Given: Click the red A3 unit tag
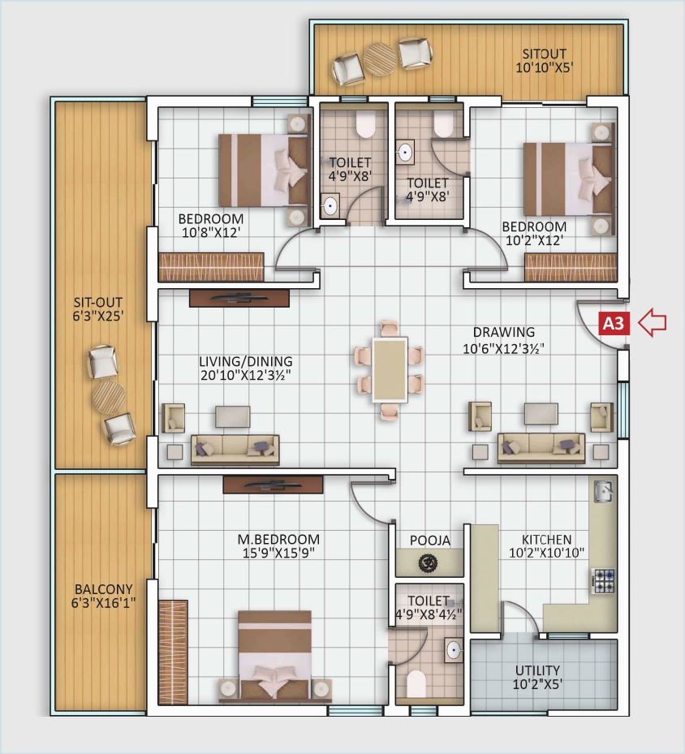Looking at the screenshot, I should click(x=615, y=323).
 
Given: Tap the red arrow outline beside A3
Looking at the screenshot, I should click(x=652, y=323).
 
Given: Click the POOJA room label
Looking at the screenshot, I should click(x=429, y=540).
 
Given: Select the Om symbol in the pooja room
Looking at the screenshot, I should click(x=429, y=562).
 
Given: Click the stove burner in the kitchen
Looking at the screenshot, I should click(x=604, y=580).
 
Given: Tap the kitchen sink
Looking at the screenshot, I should click(x=602, y=491).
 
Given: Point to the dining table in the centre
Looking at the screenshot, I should click(x=390, y=369).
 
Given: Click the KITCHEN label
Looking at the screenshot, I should click(x=547, y=539).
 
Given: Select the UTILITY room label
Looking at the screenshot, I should click(x=537, y=670).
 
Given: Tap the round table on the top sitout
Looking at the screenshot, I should click(x=380, y=58).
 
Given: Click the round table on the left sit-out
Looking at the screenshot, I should click(x=109, y=397).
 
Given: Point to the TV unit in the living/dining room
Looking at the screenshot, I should click(x=239, y=298).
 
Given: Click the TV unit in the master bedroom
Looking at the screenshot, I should click(x=273, y=485).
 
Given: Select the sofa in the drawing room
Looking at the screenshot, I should click(x=541, y=447).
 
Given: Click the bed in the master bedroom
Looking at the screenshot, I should click(x=274, y=653).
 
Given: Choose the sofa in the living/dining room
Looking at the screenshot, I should click(x=235, y=448).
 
